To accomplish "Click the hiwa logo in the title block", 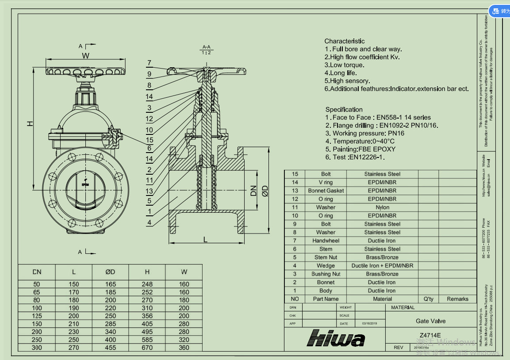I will coord(336,338).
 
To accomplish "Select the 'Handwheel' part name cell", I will coord(326,241).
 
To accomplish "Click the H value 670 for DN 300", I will coord(147,348).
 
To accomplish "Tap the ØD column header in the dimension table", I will coord(110,272).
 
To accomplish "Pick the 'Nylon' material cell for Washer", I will coord(382,207).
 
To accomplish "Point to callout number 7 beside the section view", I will coord(150,63).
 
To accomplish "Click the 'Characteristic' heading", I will coord(345,41).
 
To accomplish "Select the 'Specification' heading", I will coord(344,109).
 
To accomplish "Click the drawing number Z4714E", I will coord(430,335).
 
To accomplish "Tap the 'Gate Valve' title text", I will coord(430,321).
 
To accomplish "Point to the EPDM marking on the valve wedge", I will coord(85,184).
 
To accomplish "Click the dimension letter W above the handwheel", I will coord(85,56).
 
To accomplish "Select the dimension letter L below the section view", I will coord(205,239).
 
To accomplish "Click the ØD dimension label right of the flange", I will coord(265,191).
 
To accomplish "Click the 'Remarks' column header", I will coord(457,299).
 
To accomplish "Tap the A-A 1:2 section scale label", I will coord(206,50).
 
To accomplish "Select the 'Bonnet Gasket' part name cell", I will coord(326,191).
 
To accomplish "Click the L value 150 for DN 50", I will coord(73,284).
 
